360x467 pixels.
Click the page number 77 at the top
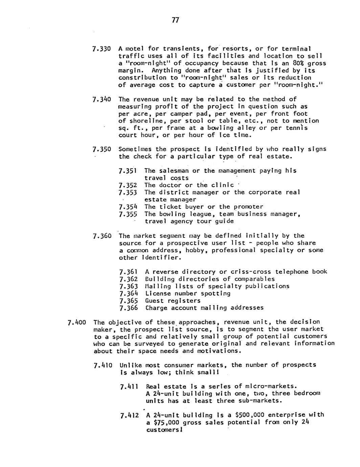point(175,20)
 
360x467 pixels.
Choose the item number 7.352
point(128,185)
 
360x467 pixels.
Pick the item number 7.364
point(129,293)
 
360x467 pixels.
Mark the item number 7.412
point(130,415)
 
